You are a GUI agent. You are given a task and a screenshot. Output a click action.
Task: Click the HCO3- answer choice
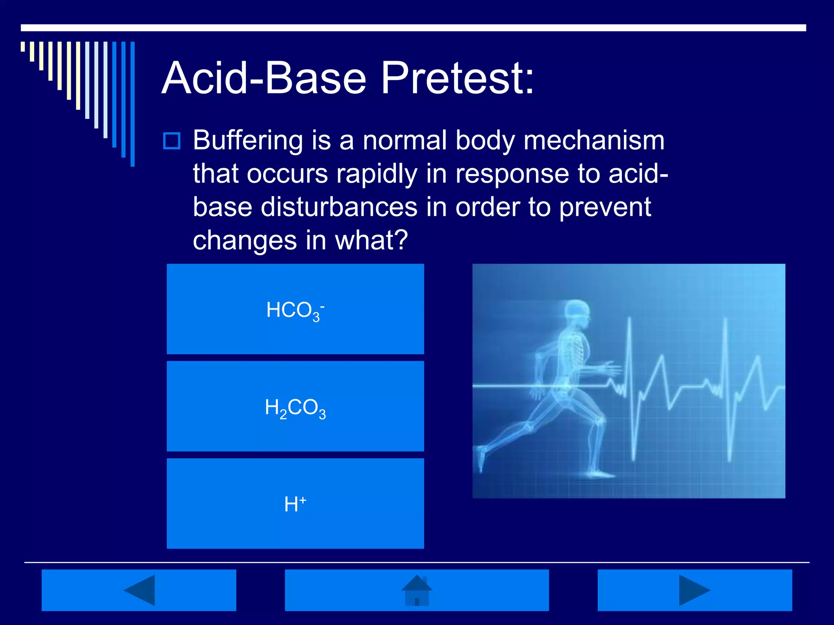[x=295, y=309]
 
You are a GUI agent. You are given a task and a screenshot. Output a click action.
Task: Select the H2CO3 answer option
[x=295, y=406]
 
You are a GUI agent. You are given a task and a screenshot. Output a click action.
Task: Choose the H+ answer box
[x=295, y=504]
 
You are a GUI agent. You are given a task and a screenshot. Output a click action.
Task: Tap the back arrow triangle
[x=140, y=590]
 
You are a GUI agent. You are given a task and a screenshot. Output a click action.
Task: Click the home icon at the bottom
[x=417, y=590]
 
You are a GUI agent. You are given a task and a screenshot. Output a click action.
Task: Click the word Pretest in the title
[x=457, y=78]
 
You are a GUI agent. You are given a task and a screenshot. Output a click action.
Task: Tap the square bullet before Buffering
[x=171, y=141]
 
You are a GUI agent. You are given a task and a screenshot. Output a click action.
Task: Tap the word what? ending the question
[x=371, y=240]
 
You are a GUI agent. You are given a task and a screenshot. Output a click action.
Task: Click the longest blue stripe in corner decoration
[x=132, y=104]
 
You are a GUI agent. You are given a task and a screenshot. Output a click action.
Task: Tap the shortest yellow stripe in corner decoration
[x=23, y=46]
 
